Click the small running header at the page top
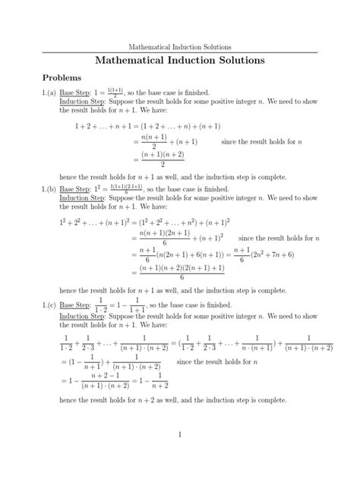point(180,46)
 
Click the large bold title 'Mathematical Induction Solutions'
point(180,60)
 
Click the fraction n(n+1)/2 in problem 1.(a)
point(153,142)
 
